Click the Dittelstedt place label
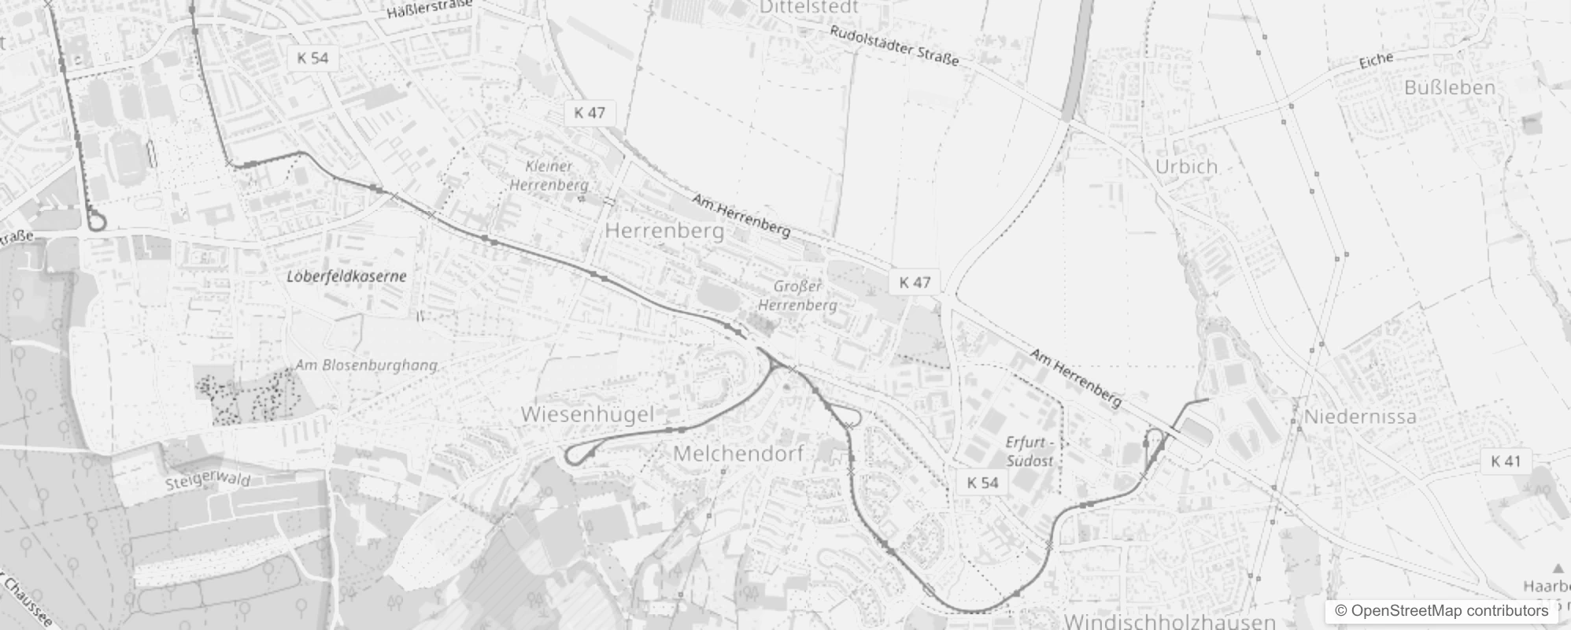(x=808, y=7)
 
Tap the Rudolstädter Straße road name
(x=894, y=46)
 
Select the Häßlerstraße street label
(x=429, y=9)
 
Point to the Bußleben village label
(x=1449, y=87)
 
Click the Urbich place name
(x=1186, y=166)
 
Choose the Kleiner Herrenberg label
(x=549, y=176)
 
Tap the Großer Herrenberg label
(x=797, y=295)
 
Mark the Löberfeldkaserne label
(x=346, y=276)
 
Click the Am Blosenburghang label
(x=366, y=365)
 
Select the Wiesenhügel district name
(x=587, y=414)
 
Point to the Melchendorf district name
(x=738, y=454)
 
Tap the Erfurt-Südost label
(x=1029, y=451)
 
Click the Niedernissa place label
(x=1360, y=417)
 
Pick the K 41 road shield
(x=1506, y=461)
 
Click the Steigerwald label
(x=208, y=480)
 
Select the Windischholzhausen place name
(x=1170, y=621)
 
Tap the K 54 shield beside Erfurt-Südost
(x=982, y=483)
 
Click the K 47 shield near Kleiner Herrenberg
(x=590, y=113)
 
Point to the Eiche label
(x=1376, y=60)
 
